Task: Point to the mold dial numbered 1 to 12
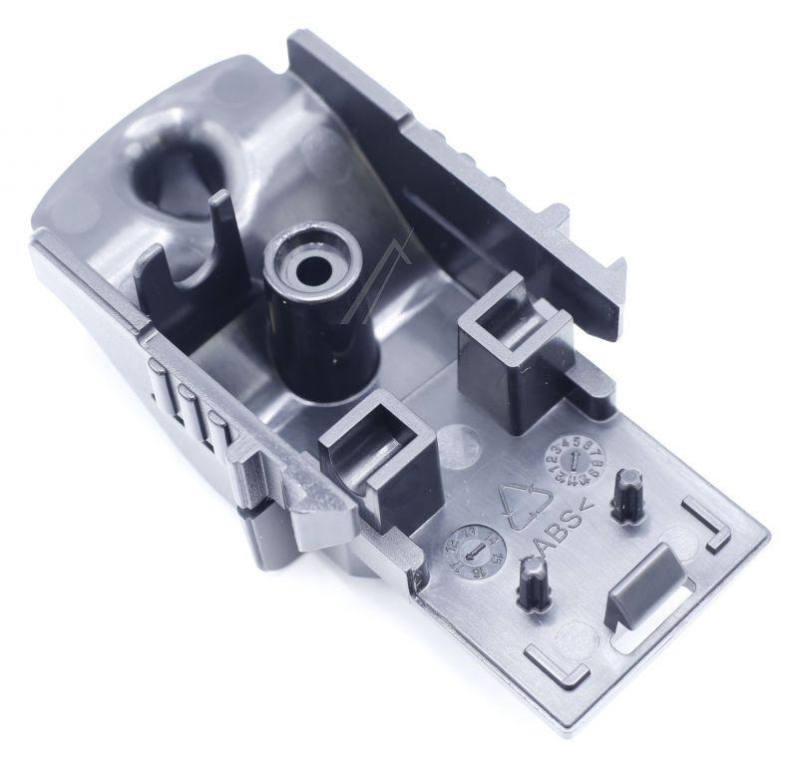[570, 462]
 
